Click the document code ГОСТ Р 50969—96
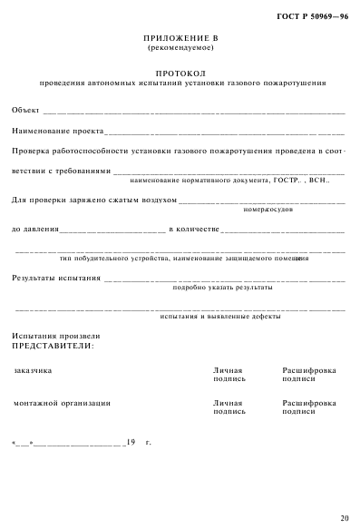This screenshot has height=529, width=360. coord(313,15)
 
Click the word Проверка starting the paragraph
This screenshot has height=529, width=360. coord(31,151)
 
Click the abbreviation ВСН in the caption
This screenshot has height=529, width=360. coord(317,180)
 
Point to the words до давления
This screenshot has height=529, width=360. coord(34,230)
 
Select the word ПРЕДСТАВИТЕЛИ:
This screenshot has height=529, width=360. coord(52,346)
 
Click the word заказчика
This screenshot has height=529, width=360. coord(33,370)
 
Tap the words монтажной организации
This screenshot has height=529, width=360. coord(62,402)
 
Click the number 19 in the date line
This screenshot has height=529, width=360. coord(131,442)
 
